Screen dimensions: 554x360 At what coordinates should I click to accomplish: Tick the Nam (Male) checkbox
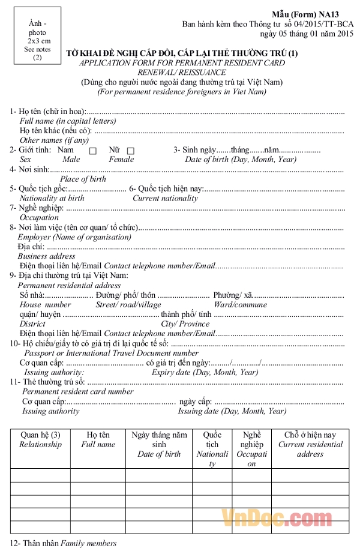(92, 151)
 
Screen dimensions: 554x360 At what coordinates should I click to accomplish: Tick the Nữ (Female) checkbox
(131, 151)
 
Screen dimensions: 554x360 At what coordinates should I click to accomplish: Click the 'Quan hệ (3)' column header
(40, 439)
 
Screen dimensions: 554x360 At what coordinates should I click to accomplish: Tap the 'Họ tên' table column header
(98, 439)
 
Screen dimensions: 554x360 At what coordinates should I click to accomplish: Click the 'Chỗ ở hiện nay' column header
(310, 439)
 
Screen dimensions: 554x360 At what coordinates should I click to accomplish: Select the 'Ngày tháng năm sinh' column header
(159, 444)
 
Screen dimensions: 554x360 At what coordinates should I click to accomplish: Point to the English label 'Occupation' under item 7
(40, 217)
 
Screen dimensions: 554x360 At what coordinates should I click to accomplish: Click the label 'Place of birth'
(83, 179)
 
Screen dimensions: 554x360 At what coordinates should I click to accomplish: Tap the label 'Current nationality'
(165, 198)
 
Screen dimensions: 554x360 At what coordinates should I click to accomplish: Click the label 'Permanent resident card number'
(78, 391)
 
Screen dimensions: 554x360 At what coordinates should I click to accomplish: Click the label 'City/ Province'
(185, 324)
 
